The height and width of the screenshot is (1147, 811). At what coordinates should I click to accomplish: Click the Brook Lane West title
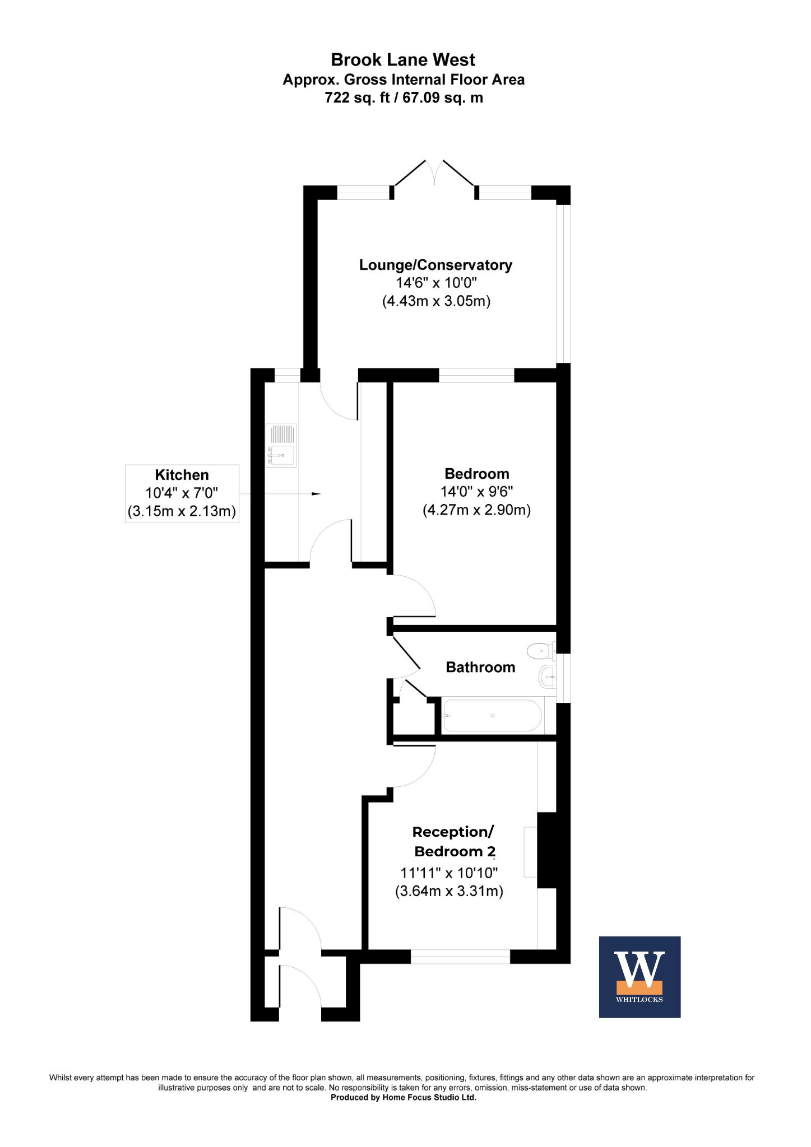click(403, 59)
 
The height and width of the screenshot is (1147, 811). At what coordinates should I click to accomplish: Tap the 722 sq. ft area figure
click(356, 97)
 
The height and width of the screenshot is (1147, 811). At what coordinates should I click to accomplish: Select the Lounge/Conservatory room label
click(435, 265)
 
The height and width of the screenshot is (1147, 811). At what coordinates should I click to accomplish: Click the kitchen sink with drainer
click(281, 445)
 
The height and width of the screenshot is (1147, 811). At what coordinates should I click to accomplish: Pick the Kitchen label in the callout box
click(182, 475)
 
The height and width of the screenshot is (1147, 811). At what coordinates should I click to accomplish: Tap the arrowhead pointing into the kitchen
click(317, 493)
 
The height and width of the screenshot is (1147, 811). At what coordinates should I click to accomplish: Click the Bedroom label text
click(476, 474)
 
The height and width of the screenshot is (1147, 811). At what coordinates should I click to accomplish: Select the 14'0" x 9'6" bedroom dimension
click(476, 492)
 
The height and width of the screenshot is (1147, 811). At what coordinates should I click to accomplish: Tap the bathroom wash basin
click(548, 678)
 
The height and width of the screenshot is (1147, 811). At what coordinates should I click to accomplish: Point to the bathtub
click(492, 715)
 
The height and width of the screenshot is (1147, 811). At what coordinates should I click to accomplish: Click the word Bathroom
click(480, 667)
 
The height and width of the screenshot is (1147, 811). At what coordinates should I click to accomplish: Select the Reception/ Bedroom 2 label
click(454, 842)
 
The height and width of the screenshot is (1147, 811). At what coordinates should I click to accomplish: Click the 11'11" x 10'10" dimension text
click(449, 873)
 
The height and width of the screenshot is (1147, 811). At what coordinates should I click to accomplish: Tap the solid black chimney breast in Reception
click(546, 850)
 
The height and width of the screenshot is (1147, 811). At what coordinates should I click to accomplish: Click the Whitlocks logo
click(639, 977)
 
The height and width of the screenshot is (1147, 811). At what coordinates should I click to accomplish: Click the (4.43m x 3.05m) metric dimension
click(436, 301)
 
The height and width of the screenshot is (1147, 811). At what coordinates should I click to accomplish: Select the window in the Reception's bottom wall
click(460, 956)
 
